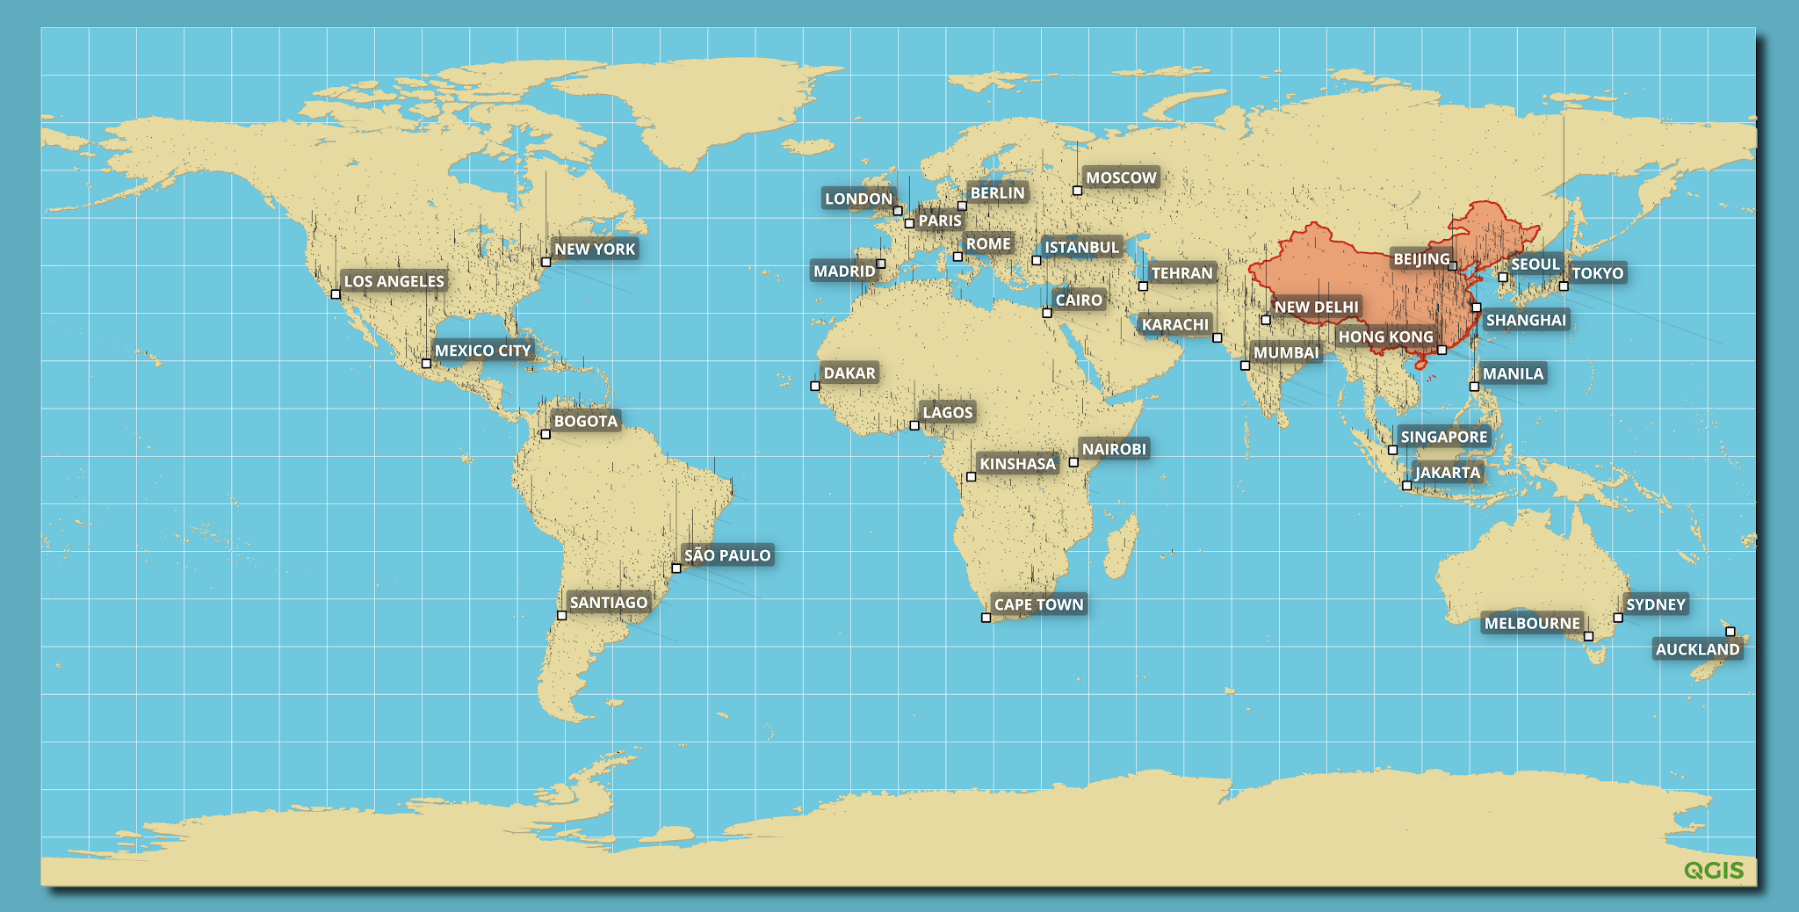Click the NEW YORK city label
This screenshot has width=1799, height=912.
pyautogui.click(x=595, y=250)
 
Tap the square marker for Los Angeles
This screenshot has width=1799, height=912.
pyautogui.click(x=336, y=294)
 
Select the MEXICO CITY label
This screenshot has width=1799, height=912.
pyautogui.click(x=482, y=351)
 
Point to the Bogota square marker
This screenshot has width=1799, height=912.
pyautogui.click(x=545, y=434)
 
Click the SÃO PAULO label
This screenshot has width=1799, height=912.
pyautogui.click(x=727, y=555)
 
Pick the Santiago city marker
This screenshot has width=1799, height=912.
pyautogui.click(x=562, y=616)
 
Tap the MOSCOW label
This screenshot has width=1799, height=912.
pyautogui.click(x=1121, y=177)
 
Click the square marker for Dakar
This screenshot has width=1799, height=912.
pyautogui.click(x=815, y=386)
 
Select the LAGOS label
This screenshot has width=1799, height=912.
pyautogui.click(x=947, y=412)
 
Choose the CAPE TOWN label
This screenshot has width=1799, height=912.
pyautogui.click(x=1038, y=604)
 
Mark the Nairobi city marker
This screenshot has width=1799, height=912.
pyautogui.click(x=1073, y=462)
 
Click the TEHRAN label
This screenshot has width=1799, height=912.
pyautogui.click(x=1181, y=273)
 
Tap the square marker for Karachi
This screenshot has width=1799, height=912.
pyautogui.click(x=1217, y=337)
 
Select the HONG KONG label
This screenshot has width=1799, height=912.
pyautogui.click(x=1385, y=337)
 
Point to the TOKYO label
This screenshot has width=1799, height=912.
pyautogui.click(x=1597, y=273)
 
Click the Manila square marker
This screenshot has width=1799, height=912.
pyautogui.click(x=1474, y=387)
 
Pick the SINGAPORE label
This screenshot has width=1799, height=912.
pyautogui.click(x=1443, y=437)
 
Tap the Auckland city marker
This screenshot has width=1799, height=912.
pyautogui.click(x=1730, y=632)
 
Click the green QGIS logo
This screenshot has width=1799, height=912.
pyautogui.click(x=1714, y=871)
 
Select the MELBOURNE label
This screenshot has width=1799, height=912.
pyautogui.click(x=1532, y=624)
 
